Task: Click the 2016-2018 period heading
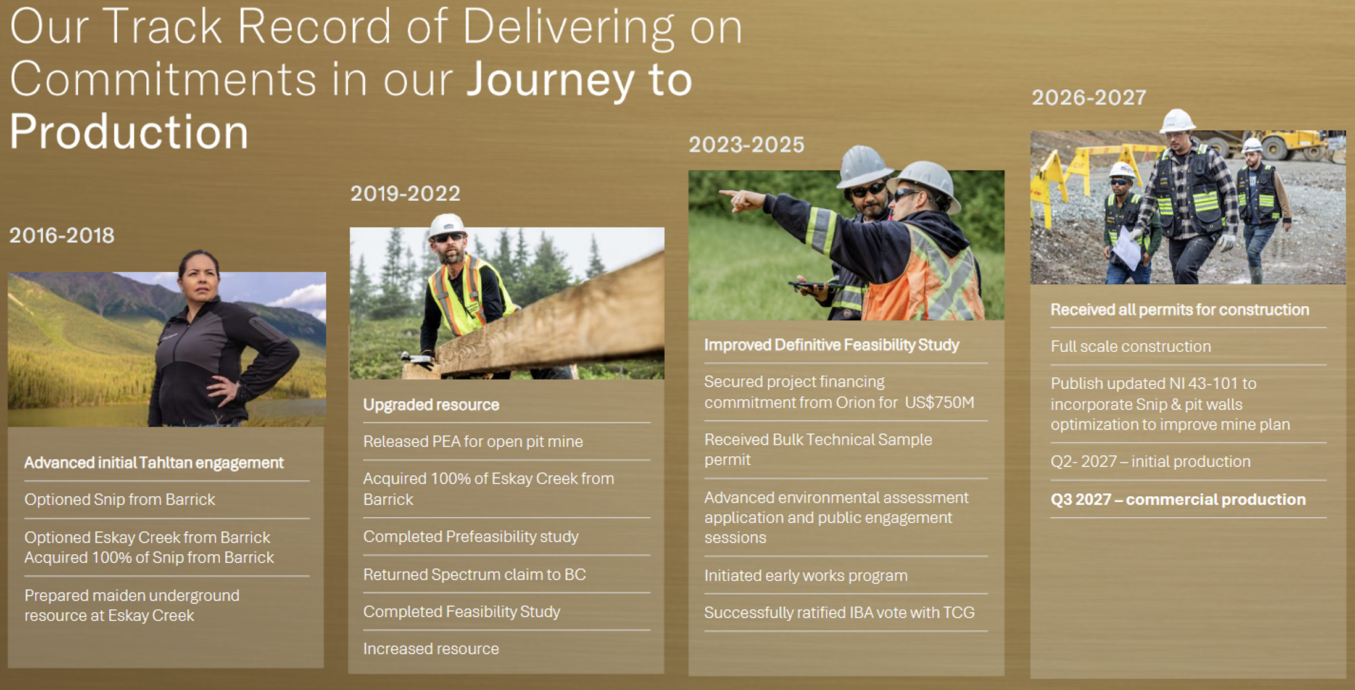coord(62,235)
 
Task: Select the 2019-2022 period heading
coord(405,194)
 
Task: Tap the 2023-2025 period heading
coord(747,145)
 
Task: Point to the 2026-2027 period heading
coord(1089,98)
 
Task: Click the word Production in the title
coord(129,131)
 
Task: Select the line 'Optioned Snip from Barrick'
coord(120,499)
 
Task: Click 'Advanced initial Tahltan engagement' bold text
coord(154,463)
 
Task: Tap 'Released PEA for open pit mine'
coord(473,442)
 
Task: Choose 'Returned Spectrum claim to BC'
coord(474,575)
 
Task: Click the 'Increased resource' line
coord(431,649)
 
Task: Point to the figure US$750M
coord(940,402)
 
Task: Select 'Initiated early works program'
coord(806,576)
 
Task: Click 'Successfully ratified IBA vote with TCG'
coord(839,613)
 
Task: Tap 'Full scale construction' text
coord(1130,347)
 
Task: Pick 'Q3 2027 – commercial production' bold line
coord(1178,499)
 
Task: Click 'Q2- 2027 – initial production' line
coord(1150,462)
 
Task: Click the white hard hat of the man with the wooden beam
coord(447,226)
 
